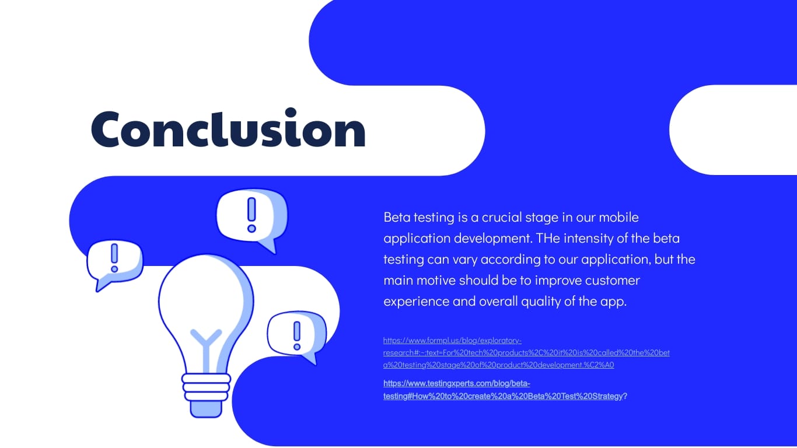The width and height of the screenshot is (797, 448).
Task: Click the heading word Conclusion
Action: point(228,129)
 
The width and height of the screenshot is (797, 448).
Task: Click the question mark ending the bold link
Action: point(625,396)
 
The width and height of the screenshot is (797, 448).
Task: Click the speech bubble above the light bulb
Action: point(251,216)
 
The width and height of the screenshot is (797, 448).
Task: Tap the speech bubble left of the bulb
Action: point(114,262)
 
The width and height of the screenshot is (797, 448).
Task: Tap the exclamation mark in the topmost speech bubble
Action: point(251,214)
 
